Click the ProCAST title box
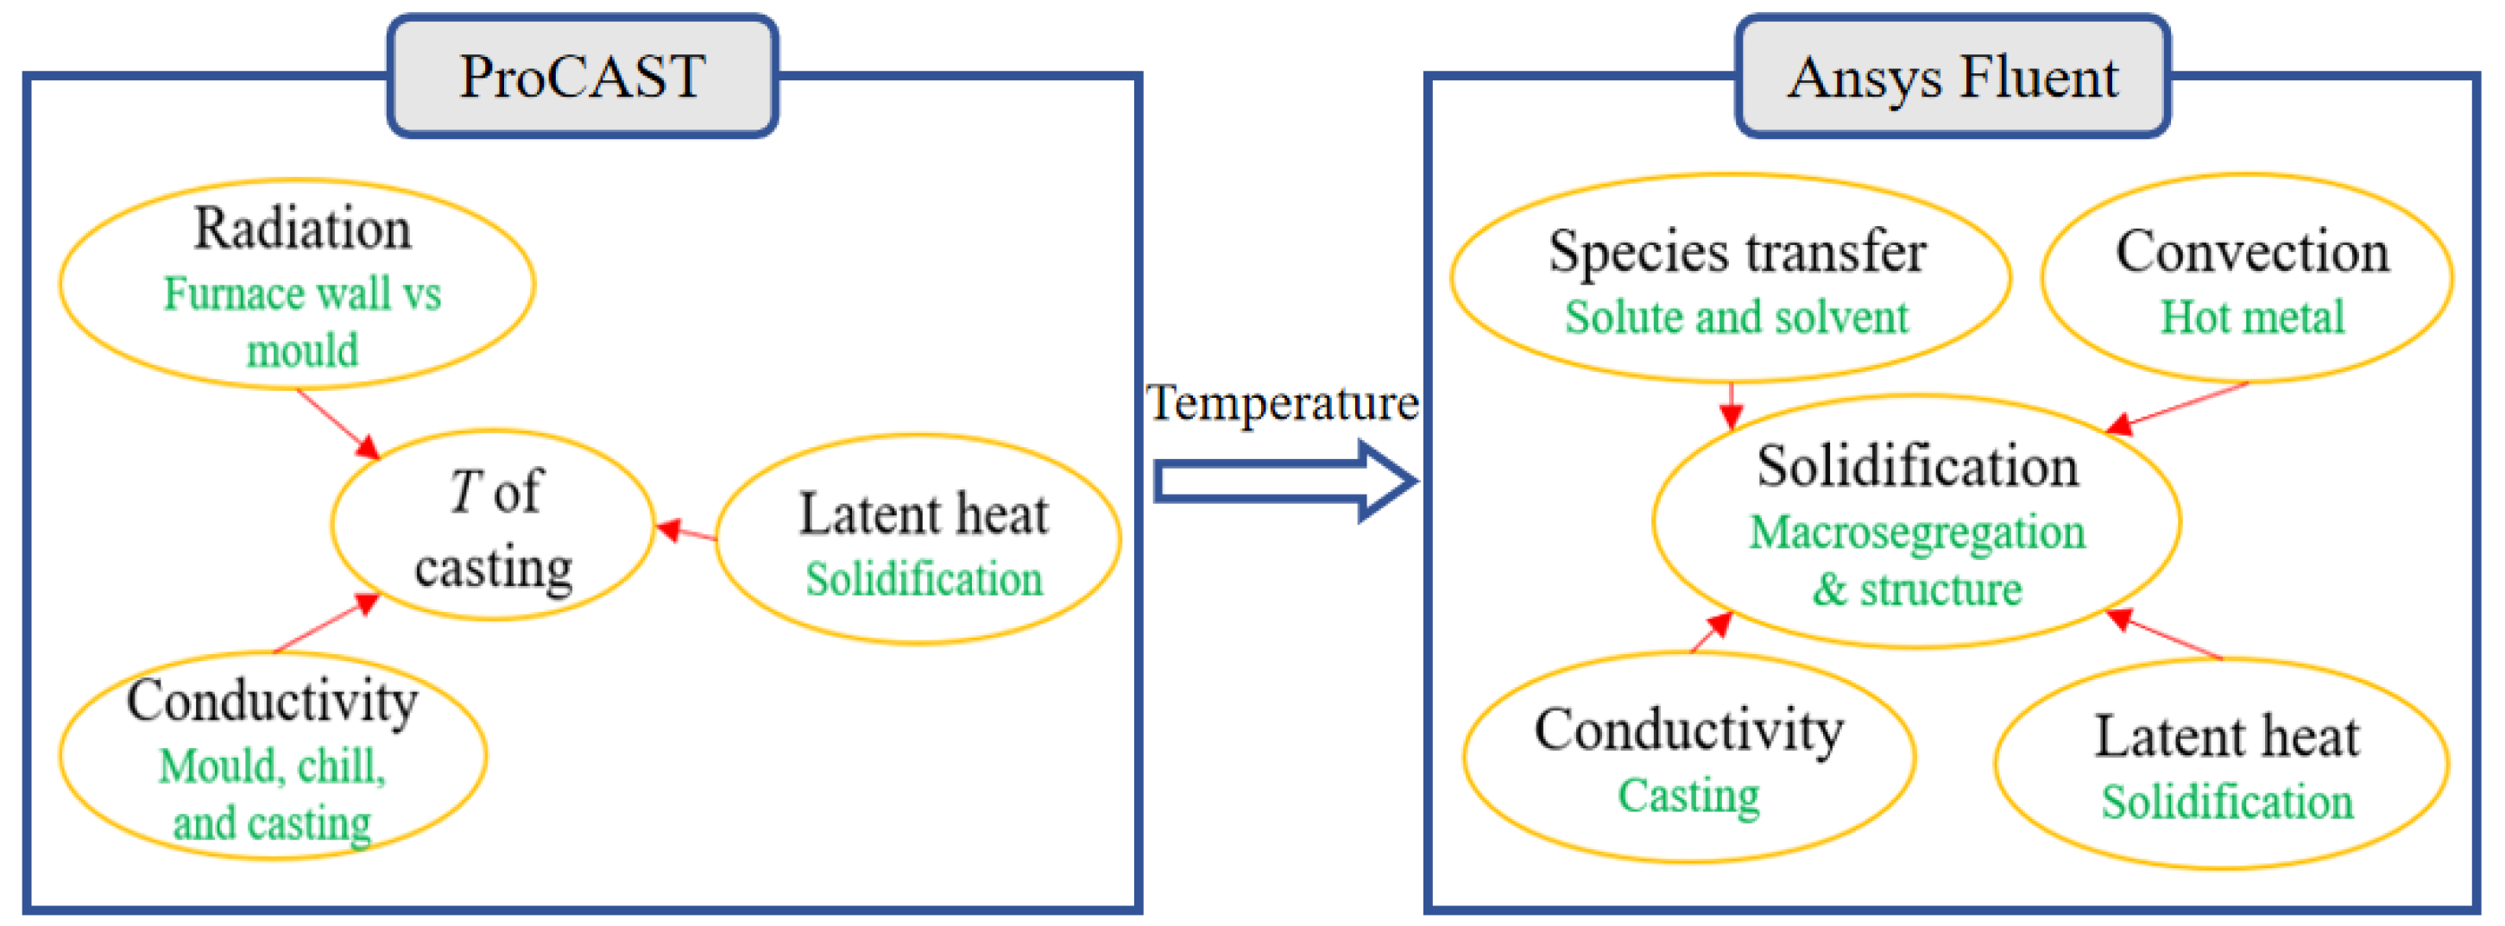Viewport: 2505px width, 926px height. (x=583, y=76)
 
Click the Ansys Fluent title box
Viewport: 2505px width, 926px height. (x=1952, y=76)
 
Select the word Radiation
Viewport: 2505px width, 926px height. (x=302, y=230)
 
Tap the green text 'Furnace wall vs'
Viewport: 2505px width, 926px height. (x=302, y=293)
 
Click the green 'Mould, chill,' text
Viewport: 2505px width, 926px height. (x=272, y=766)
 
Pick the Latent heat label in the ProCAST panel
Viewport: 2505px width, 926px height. (x=923, y=513)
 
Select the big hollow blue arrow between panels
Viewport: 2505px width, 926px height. (x=1284, y=482)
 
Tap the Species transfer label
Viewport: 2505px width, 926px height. (x=1737, y=252)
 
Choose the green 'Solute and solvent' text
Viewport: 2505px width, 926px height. (x=1737, y=317)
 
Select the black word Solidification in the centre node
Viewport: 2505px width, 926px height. (x=1918, y=466)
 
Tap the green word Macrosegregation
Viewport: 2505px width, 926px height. (x=1918, y=532)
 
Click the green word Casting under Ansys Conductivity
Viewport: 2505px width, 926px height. (x=1689, y=796)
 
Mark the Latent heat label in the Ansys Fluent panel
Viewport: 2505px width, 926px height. (x=2227, y=736)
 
